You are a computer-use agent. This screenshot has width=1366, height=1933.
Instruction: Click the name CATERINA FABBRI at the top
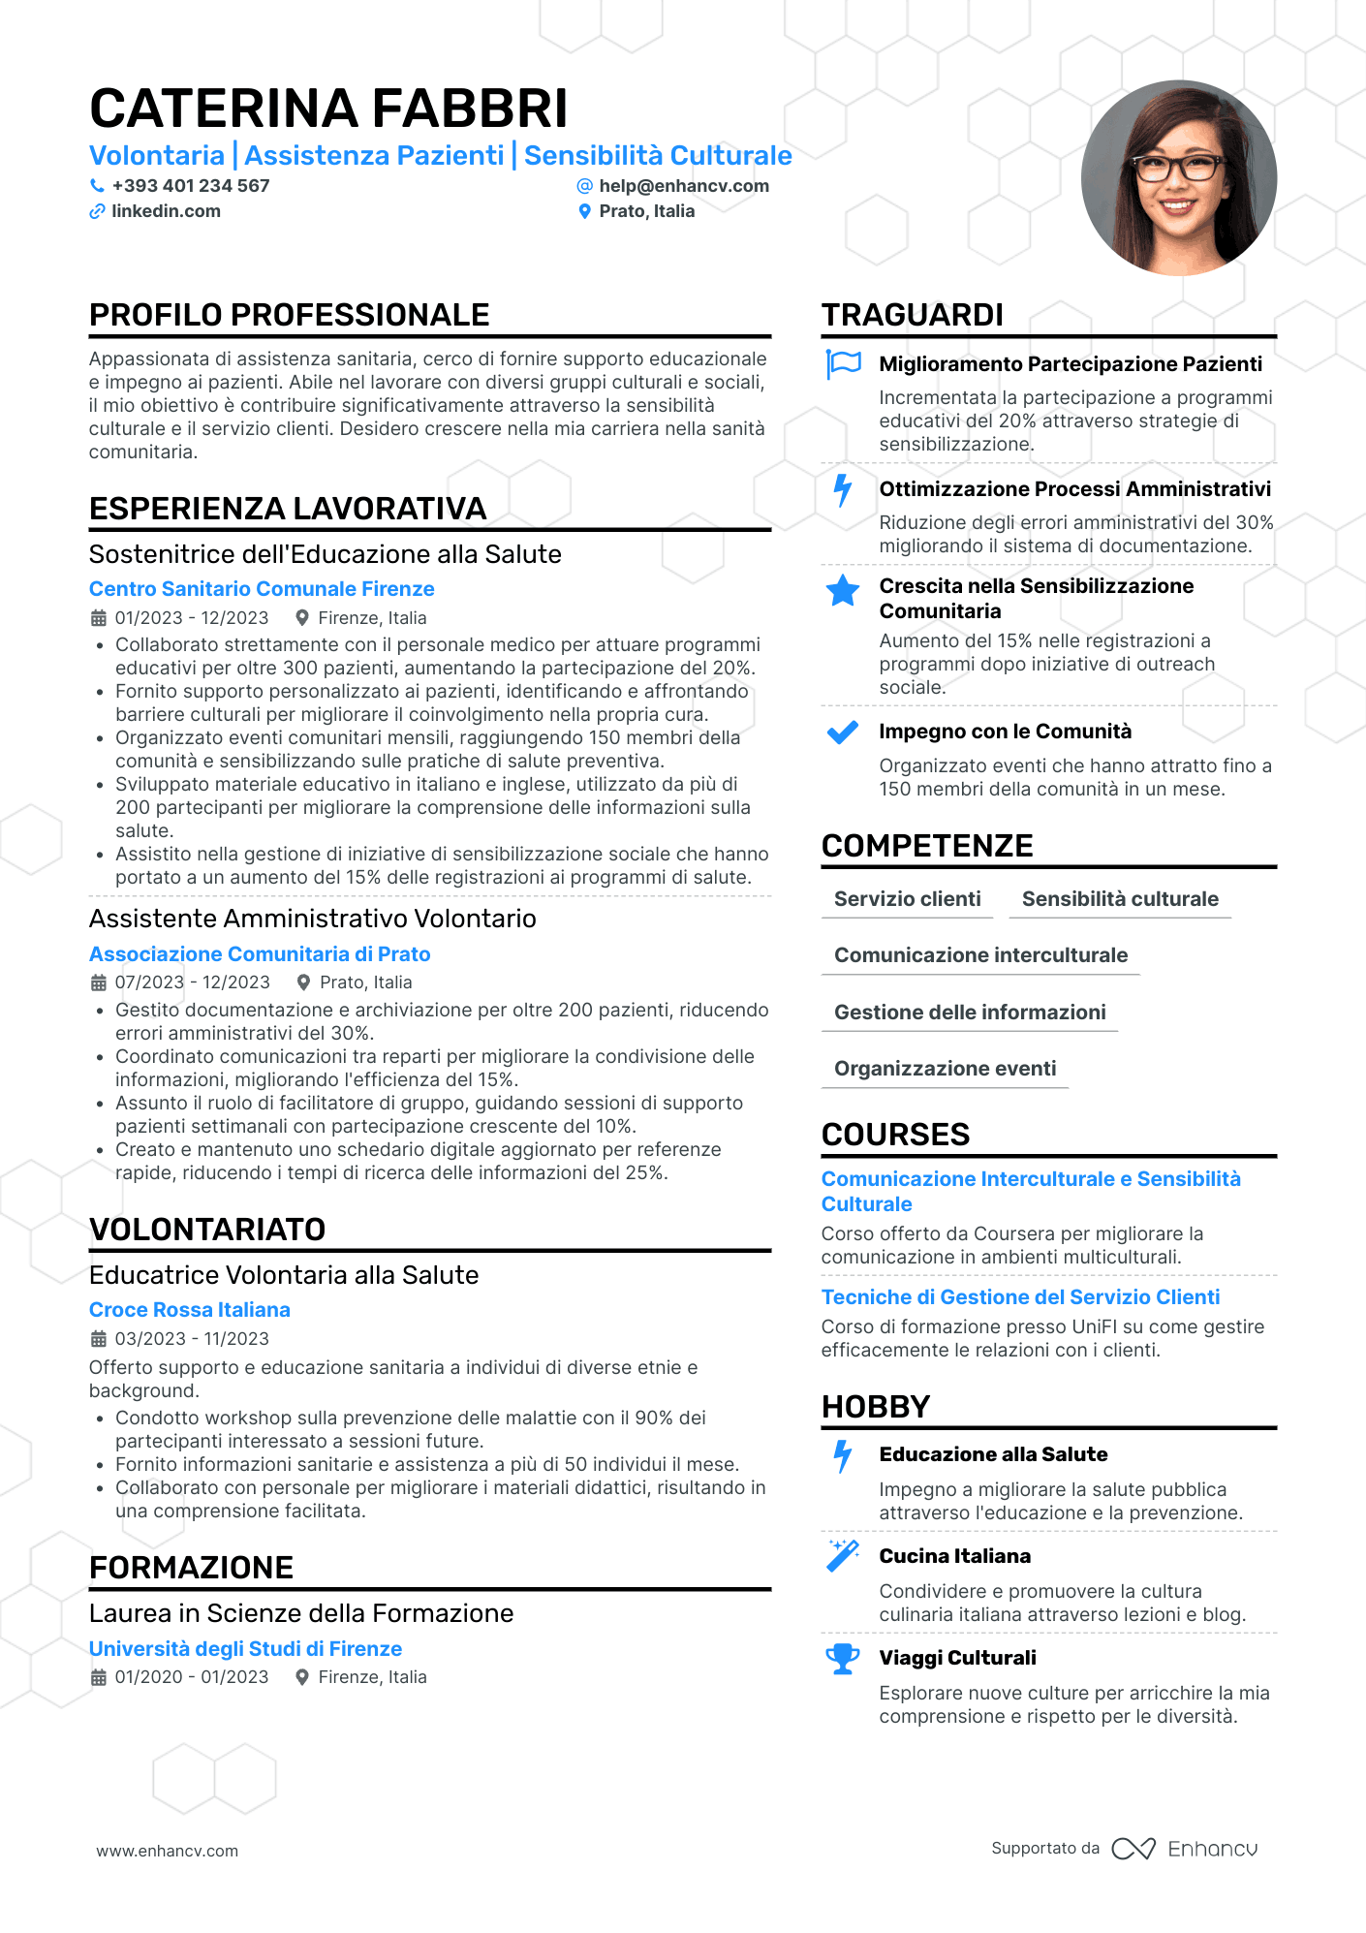328,108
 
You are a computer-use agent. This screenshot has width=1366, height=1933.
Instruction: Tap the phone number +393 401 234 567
190,185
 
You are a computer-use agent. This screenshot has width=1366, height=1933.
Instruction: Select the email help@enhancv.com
683,185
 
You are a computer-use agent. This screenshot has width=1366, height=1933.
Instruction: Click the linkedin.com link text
166,211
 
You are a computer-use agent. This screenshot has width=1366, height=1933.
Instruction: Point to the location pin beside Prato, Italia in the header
584,211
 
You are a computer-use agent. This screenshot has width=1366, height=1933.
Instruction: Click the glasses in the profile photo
1176,169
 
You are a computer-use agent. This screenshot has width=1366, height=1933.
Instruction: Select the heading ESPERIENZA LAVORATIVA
288,509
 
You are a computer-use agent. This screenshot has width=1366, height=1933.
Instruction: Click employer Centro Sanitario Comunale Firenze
262,589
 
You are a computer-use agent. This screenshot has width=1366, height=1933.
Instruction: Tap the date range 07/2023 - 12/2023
192,982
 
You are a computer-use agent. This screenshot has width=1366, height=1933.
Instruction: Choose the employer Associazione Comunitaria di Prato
260,954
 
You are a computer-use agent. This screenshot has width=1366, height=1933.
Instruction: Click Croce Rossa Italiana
190,1310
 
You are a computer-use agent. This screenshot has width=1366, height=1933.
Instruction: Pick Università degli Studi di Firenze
245,1649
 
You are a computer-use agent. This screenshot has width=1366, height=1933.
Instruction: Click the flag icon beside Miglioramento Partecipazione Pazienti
843,364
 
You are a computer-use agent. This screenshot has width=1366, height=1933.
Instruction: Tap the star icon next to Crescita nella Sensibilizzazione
843,590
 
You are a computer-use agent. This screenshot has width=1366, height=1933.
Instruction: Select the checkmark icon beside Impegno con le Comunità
843,733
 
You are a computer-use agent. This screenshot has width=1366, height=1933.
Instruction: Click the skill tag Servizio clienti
907,899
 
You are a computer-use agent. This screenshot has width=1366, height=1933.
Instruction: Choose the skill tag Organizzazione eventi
945,1069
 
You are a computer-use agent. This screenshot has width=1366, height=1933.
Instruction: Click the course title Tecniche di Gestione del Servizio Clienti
1020,1297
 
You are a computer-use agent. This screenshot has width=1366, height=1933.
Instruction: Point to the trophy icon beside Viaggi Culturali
843,1659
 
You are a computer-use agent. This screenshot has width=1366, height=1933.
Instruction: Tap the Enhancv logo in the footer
1185,1849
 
